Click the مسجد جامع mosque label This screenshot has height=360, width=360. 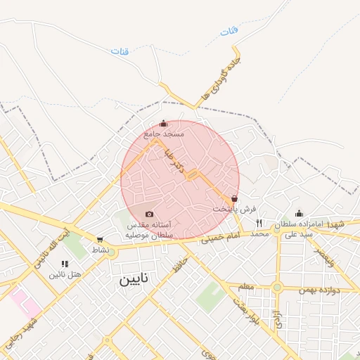click(x=164, y=133)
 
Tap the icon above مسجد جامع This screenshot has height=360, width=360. click(x=164, y=123)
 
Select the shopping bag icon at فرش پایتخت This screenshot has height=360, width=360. click(x=234, y=199)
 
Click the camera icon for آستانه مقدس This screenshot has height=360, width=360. click(x=149, y=214)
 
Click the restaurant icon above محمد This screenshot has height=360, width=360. click(x=259, y=224)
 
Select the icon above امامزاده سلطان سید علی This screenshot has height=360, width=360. click(x=299, y=213)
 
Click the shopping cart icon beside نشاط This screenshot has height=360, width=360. click(x=100, y=240)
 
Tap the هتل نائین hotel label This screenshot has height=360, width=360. click(x=65, y=274)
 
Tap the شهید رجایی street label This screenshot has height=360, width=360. click(x=20, y=330)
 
